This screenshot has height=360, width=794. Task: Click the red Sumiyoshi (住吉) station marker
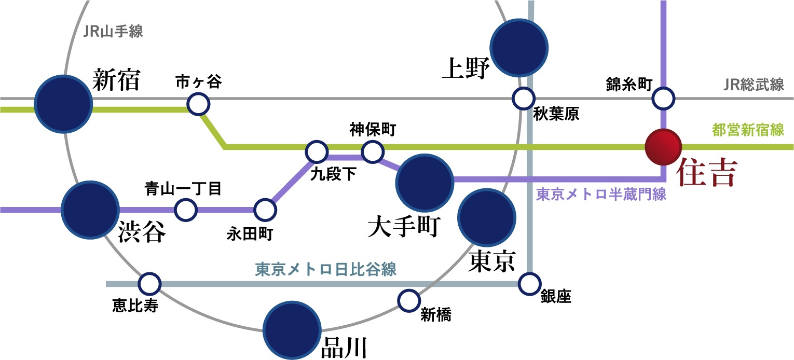663,147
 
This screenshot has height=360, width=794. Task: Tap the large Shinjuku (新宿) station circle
63,103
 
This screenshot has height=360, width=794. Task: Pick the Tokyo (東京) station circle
487,218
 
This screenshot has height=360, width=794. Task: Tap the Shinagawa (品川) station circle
291,330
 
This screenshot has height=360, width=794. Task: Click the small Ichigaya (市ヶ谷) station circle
198,104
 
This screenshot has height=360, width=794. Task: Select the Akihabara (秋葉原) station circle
523,98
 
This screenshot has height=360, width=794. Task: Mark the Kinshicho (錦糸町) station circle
663,98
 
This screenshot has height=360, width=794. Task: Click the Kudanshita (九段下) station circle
317,152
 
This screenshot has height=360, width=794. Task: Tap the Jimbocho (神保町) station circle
372,152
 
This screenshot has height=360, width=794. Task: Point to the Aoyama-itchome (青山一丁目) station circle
186,210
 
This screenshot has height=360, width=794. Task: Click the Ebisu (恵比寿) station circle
149,284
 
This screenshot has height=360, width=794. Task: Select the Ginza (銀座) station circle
529,284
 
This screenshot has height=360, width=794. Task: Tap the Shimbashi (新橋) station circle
408,299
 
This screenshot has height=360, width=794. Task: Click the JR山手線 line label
113,32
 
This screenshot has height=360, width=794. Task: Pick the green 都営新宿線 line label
748,130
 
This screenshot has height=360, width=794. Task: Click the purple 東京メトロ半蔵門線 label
601,195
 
